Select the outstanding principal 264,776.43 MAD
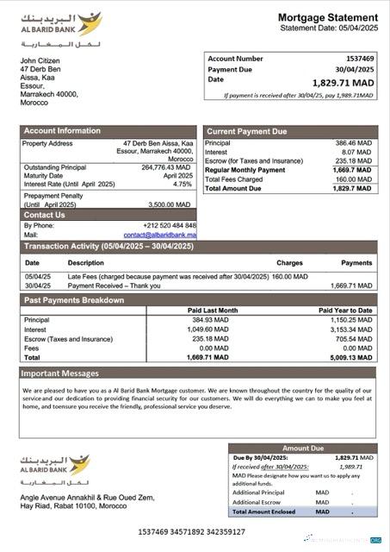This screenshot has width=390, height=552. (x=164, y=167)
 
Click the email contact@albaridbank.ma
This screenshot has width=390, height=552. (x=159, y=235)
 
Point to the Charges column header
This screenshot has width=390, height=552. (x=289, y=262)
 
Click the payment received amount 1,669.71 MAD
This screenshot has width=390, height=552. (x=351, y=285)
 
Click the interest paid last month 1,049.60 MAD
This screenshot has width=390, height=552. (x=219, y=329)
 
